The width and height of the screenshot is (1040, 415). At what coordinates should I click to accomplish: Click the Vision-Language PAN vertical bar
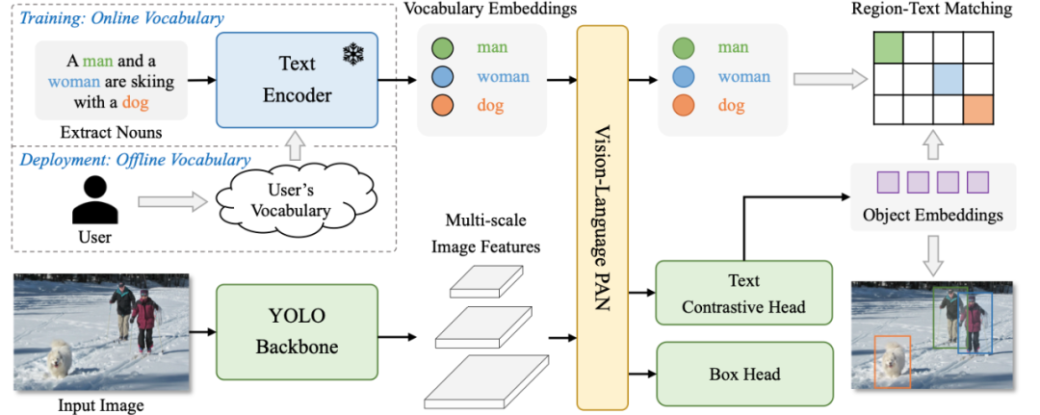coord(602,217)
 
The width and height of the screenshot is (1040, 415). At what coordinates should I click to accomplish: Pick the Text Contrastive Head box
coord(743,295)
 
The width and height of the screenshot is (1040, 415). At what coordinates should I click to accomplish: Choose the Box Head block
coord(743,373)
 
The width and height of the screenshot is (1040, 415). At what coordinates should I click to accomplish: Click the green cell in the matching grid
coord(888,47)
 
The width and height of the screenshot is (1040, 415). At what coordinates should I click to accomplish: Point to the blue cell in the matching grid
coord(949,79)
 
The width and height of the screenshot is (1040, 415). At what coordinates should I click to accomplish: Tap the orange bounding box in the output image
coord(892,362)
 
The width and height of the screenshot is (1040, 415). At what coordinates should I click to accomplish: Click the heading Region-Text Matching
coord(931,10)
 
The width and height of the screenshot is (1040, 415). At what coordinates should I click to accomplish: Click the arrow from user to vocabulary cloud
coord(174,202)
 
